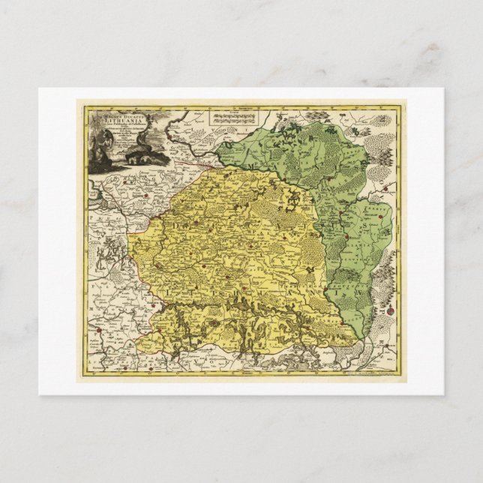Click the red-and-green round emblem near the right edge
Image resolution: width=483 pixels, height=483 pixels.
(391, 310)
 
